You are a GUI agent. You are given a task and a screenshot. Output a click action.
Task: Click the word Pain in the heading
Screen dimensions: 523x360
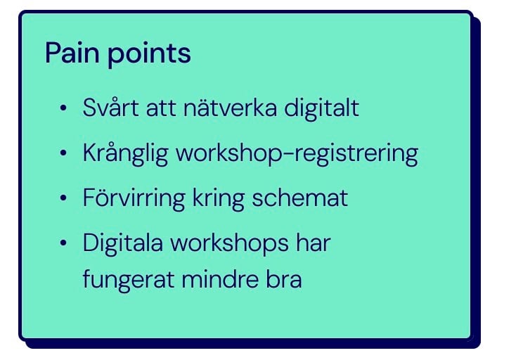[72, 53]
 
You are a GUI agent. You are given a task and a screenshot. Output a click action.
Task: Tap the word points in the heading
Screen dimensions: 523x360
[149, 54]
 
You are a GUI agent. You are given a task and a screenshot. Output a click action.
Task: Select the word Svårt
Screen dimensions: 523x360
[111, 108]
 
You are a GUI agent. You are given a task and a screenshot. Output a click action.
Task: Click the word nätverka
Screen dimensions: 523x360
[230, 108]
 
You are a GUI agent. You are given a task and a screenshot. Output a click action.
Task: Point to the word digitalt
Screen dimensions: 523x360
[321, 108]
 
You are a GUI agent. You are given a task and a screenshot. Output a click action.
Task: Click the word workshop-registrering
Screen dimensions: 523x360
[297, 154]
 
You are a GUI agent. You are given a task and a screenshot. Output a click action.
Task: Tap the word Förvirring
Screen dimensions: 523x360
[134, 198]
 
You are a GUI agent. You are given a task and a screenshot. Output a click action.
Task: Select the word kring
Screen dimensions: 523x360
[219, 198]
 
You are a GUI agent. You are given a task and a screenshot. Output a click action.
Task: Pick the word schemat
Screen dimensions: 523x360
[300, 198]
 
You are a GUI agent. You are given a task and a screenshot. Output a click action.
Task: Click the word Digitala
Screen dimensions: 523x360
[123, 243]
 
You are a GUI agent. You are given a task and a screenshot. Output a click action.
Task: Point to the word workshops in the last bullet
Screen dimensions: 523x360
[229, 243]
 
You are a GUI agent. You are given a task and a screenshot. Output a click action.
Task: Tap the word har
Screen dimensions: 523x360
[314, 243]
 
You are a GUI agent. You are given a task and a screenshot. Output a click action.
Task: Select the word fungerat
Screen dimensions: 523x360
[129, 281]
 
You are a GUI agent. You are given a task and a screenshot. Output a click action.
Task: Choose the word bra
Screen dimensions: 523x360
[284, 279]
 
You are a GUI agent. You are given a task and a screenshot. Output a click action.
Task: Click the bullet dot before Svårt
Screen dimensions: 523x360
[63, 108]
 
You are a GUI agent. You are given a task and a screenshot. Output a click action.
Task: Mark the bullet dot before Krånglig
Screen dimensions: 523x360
[63, 153]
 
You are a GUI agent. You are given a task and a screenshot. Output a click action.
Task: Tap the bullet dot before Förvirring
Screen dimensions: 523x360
[63, 198]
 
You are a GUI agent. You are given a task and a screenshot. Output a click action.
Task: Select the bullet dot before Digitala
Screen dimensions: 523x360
[63, 243]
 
